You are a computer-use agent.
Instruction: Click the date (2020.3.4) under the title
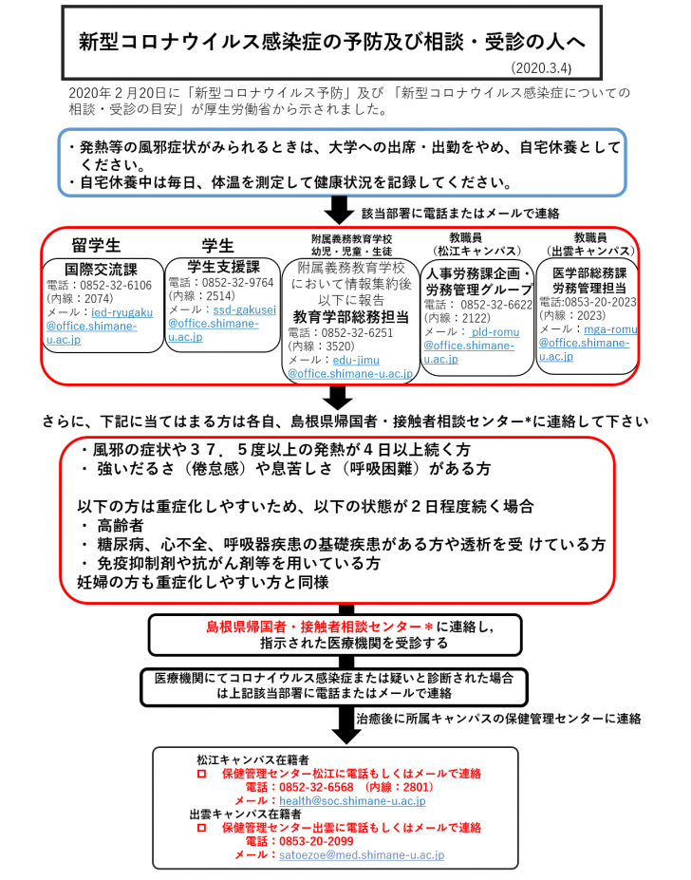541,68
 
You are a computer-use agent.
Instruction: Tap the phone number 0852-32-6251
361,333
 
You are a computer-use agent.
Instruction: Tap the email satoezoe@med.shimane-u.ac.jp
361,854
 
